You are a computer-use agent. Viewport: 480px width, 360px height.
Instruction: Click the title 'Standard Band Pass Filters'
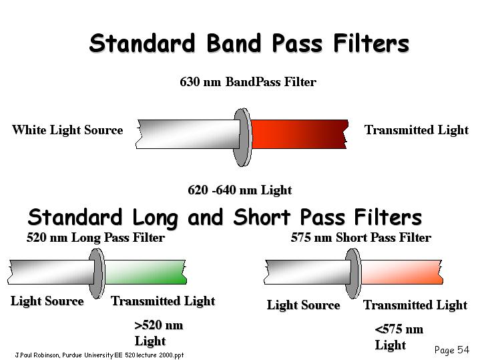[249, 43]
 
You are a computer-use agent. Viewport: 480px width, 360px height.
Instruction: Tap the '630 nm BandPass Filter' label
[248, 81]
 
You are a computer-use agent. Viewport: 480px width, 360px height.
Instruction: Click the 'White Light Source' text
[67, 130]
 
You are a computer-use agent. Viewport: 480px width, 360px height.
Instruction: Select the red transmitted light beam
[300, 134]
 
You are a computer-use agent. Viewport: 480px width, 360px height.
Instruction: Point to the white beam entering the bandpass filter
[188, 134]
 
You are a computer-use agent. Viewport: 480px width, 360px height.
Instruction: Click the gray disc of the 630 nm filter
[243, 137]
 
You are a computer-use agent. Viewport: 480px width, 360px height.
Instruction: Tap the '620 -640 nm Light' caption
[240, 190]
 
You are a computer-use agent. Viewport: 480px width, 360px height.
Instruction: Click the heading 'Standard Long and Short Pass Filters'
[225, 218]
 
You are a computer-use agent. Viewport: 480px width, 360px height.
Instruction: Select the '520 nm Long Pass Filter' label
[95, 238]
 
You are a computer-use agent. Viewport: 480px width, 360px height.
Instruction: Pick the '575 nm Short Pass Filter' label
[361, 238]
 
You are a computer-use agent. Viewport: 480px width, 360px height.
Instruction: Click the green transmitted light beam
[146, 272]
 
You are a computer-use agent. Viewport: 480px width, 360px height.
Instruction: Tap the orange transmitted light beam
[402, 272]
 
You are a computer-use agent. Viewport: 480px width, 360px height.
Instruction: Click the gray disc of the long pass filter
[97, 273]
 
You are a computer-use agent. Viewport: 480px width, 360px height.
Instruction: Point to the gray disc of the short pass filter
[353, 273]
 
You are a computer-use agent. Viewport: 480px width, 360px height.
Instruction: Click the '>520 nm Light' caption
[159, 333]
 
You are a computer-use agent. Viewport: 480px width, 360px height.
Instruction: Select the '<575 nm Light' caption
[399, 337]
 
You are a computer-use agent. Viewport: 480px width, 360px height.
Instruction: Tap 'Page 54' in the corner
[451, 350]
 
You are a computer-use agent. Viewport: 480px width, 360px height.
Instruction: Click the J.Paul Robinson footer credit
[99, 355]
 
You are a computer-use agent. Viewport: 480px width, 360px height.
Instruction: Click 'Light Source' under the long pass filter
[47, 301]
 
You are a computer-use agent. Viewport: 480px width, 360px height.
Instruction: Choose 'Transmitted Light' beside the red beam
[417, 130]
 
